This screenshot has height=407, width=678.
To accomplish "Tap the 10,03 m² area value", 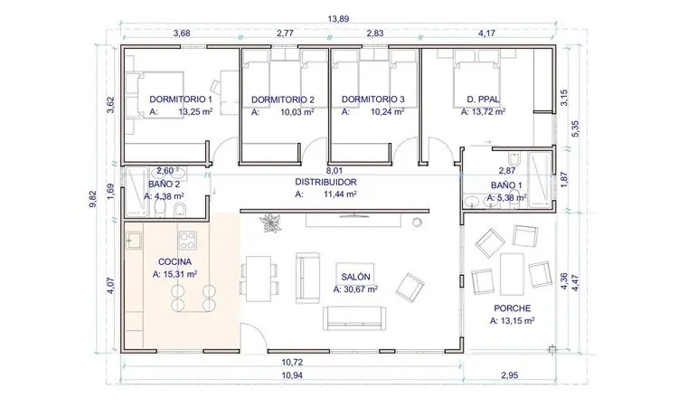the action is click(x=297, y=112).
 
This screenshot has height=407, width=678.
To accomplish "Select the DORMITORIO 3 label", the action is click(x=373, y=99).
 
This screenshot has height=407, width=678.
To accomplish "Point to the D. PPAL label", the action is click(x=483, y=99).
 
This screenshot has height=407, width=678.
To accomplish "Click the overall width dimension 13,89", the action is click(x=338, y=19).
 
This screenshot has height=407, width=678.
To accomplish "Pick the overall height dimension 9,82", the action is click(x=93, y=199).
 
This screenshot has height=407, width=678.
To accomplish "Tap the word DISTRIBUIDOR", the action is click(x=326, y=182).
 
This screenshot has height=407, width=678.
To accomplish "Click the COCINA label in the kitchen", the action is click(x=174, y=261).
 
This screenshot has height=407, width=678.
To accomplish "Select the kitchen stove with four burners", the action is click(x=187, y=241).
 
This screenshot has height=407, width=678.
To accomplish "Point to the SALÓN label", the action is click(x=355, y=277).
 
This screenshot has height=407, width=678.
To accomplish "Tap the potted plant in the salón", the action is click(x=270, y=223).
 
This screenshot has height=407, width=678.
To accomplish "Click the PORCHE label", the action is click(x=513, y=308).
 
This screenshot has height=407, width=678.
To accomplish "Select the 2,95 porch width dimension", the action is click(x=509, y=375).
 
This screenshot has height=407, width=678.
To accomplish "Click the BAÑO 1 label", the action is click(x=506, y=185).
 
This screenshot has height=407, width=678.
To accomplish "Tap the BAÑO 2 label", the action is click(x=161, y=184).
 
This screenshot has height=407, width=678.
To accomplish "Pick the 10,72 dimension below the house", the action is click(x=292, y=362).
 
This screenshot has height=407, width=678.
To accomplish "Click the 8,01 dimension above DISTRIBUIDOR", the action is click(x=334, y=171).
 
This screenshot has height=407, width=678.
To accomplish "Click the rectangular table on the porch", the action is click(x=512, y=274).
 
